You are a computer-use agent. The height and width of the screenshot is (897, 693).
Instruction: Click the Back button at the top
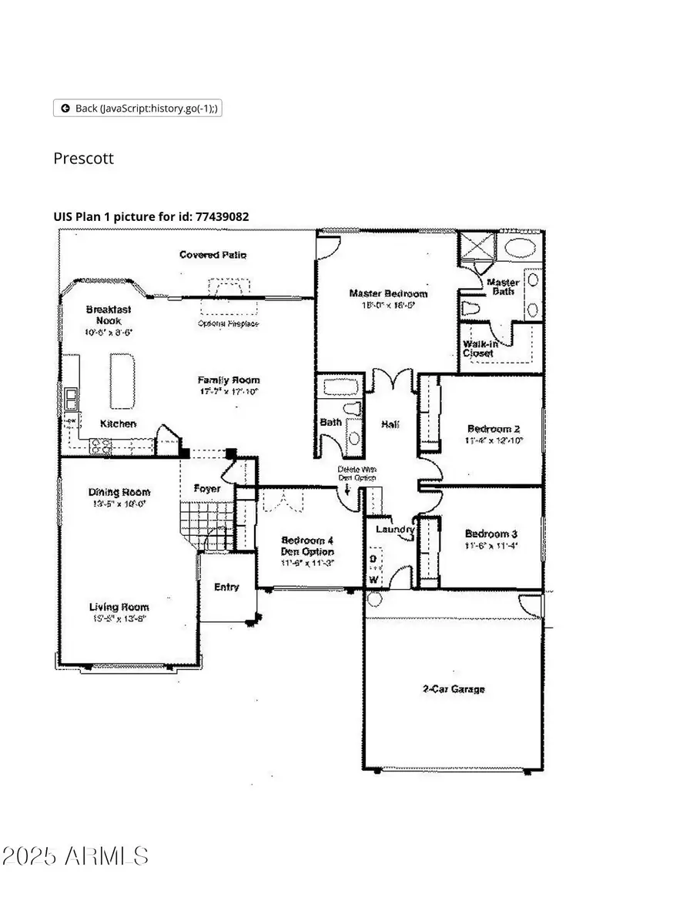coord(137,109)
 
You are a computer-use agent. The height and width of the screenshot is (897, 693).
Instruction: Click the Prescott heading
coord(83,159)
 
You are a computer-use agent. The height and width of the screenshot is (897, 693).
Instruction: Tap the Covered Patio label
coord(213,255)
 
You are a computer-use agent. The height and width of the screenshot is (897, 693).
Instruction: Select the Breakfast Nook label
coord(108,315)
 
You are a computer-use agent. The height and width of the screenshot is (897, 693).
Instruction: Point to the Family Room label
coord(229,380)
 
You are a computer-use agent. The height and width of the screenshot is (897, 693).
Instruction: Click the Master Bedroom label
coord(388,293)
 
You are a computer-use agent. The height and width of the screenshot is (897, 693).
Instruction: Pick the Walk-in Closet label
coord(478,348)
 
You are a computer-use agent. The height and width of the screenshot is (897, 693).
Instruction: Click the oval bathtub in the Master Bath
coord(521,248)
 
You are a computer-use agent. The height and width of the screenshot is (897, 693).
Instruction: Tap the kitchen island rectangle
coord(121,380)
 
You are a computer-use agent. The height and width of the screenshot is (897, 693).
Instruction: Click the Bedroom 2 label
coord(494,429)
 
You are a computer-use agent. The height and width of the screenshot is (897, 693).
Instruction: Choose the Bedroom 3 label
coord(491,534)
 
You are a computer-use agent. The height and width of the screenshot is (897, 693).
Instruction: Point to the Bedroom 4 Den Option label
coord(307,546)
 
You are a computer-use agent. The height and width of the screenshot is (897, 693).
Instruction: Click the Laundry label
coord(395,530)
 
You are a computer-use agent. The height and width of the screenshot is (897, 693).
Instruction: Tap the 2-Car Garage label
coord(454,689)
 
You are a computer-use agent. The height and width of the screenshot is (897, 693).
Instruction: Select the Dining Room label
coord(119,492)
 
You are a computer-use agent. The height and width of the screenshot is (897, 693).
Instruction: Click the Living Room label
coord(119,607)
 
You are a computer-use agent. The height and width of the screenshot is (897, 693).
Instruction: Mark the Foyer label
coord(207,489)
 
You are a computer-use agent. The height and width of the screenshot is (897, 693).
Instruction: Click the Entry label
coord(226,587)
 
